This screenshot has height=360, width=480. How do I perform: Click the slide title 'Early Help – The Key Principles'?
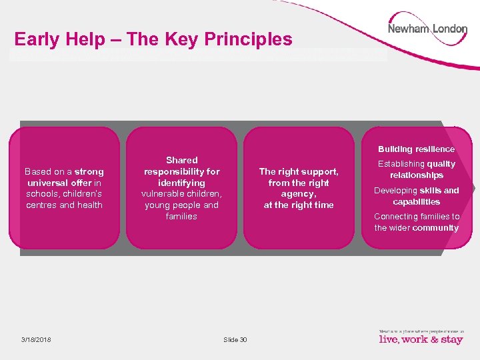tap(153, 39)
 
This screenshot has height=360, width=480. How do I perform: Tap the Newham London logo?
tap(427, 29)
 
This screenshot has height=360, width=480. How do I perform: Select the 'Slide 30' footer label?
tap(235, 339)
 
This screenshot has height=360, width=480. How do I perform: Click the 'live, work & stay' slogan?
tap(421, 339)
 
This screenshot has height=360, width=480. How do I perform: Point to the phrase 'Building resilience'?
tap(416, 149)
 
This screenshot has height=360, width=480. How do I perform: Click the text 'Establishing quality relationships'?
tap(416, 169)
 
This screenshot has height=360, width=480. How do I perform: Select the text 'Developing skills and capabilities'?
tap(416, 196)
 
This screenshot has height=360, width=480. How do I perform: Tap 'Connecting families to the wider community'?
tap(416, 222)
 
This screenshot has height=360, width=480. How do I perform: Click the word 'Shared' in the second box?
tap(182, 160)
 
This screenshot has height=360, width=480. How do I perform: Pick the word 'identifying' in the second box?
tap(182, 183)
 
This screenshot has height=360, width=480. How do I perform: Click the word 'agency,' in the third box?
tap(299, 194)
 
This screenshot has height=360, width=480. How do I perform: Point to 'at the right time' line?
tap(299, 205)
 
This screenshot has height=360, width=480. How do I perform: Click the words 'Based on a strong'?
tap(64, 171)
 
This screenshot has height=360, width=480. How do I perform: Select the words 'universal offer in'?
tap(64, 183)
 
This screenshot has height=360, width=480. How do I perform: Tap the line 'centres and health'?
tap(64, 205)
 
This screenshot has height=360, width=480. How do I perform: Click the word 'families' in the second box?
tap(182, 217)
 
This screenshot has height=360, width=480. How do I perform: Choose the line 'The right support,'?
tap(299, 171)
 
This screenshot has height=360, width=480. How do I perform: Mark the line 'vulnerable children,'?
tap(182, 194)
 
